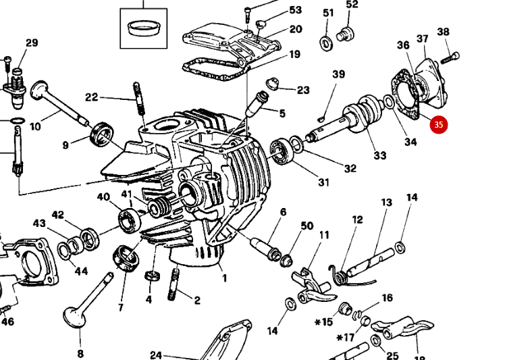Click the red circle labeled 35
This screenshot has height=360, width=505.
[439, 124]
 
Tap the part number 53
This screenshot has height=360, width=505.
[295, 10]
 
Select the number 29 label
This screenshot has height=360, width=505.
[32, 43]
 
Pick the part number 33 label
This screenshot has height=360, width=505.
[380, 155]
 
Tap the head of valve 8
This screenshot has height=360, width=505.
[74, 316]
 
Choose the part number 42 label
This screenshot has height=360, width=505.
[58, 215]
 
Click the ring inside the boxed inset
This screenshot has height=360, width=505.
[142, 28]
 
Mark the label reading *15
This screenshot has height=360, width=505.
[324, 322]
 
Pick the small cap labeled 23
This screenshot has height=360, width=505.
[273, 84]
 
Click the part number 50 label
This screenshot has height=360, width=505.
[307, 226]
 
